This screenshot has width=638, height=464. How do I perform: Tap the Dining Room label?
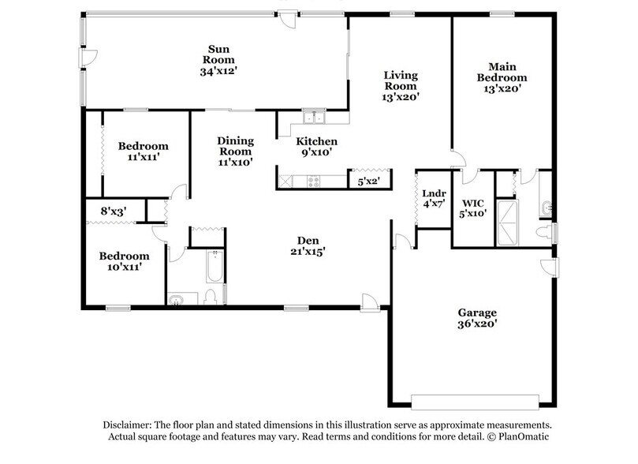(235, 151)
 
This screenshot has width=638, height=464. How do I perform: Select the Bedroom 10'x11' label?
(124, 261)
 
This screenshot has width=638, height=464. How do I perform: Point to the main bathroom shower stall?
(508, 223)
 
